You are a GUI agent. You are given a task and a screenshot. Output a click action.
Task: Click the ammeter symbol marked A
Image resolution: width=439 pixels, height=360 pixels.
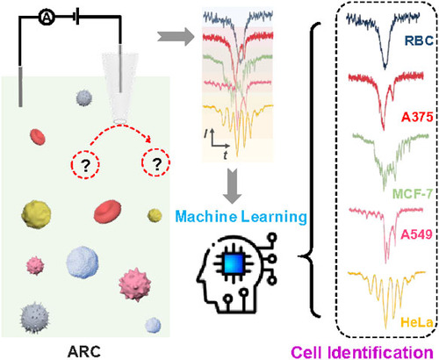tap(47, 18)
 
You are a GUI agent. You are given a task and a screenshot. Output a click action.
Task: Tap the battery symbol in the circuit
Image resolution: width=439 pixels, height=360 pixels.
tap(76, 18)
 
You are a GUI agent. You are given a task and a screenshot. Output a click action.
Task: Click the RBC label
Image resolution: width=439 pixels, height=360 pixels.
tap(419, 40)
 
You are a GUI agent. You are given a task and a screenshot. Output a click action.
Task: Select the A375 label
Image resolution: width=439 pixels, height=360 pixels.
tap(417, 117)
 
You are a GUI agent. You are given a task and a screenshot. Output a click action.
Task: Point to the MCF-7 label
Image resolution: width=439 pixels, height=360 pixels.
tap(413, 193)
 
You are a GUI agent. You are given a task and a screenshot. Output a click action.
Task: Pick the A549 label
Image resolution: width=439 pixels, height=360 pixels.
tap(417, 234)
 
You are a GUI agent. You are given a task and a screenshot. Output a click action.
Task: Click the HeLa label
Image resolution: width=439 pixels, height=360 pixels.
tap(417, 322)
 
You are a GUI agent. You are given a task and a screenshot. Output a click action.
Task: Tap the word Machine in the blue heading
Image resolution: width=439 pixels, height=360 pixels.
tap(206, 217)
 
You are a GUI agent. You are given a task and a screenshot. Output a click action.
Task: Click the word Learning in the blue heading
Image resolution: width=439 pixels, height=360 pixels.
tap(274, 218)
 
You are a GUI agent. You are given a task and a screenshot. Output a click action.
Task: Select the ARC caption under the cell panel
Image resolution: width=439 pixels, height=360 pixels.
tap(84, 351)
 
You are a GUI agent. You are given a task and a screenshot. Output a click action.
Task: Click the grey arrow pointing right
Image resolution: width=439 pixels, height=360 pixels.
tap(176, 37)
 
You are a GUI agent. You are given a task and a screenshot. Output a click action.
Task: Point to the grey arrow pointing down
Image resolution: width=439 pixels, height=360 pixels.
tap(233, 186)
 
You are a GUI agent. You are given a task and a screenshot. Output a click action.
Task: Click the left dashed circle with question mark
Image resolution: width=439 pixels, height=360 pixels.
tap(85, 164)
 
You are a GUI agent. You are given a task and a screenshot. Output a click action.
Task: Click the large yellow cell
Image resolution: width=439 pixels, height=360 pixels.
tap(36, 214)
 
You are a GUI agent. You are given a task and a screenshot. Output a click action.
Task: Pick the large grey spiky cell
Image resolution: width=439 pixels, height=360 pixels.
tap(34, 318)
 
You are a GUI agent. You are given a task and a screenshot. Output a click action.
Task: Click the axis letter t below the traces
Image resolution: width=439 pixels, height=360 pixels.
tap(225, 155)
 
